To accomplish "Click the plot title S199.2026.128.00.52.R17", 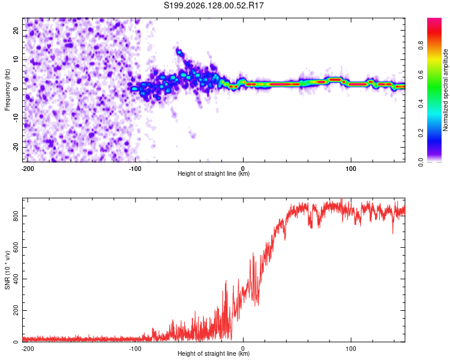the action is (x=214, y=5).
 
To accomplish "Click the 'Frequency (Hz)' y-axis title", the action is (x=7, y=90).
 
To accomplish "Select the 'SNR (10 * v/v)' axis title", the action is (x=7, y=270).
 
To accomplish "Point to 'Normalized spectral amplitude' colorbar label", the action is (x=445, y=90).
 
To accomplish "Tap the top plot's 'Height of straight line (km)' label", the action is (x=214, y=173).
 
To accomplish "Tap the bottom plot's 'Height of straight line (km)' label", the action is (x=214, y=353).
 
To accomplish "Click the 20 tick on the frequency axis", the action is (x=16, y=31).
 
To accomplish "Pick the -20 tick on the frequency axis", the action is (x=16, y=147).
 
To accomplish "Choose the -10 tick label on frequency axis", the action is (x=16, y=118).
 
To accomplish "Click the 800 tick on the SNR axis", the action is (x=16, y=216).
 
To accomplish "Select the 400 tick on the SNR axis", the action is (x=16, y=279).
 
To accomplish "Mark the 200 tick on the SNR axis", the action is (x=16, y=310).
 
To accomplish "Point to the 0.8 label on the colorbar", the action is (x=421, y=46).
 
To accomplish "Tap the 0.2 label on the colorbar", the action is (x=421, y=133).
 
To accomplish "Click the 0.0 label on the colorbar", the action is (x=421, y=162).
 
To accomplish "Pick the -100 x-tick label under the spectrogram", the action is (x=135, y=169).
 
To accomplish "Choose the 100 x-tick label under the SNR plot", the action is (x=351, y=349).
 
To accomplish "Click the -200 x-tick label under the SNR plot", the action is (x=27, y=349).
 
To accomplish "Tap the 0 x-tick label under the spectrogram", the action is (x=243, y=169).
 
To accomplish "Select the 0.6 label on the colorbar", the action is (x=421, y=74).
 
